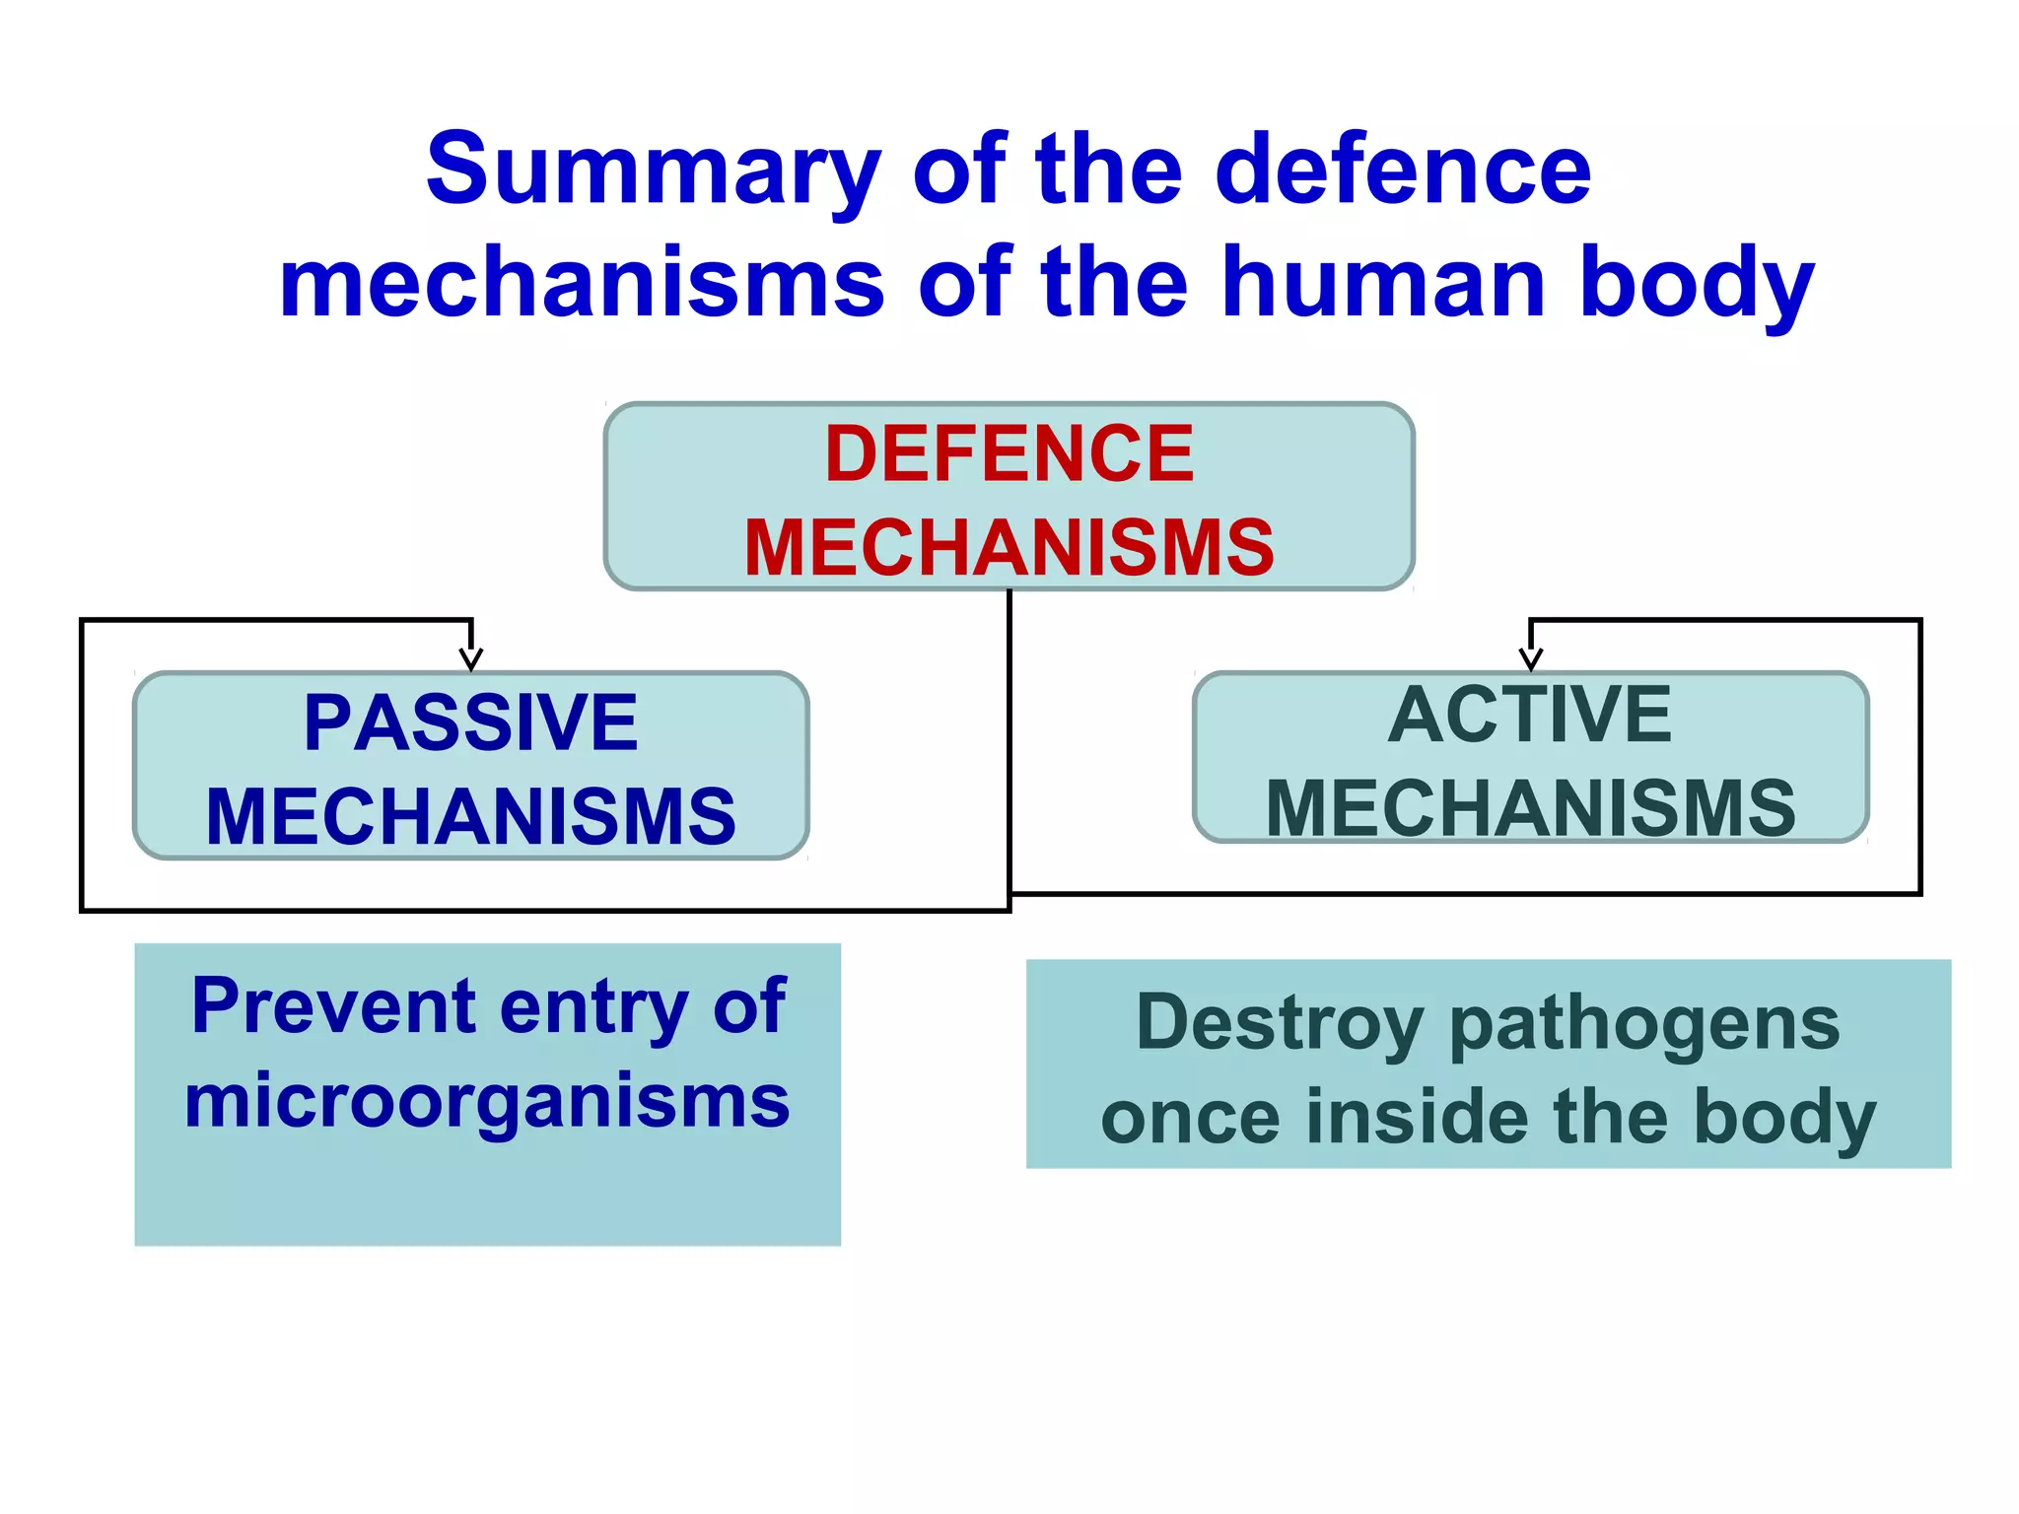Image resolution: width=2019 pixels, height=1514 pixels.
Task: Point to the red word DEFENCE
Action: tap(1009, 454)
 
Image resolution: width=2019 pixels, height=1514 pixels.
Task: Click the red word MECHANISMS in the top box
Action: tap(1009, 547)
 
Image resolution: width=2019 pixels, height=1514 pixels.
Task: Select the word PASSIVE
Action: tap(471, 723)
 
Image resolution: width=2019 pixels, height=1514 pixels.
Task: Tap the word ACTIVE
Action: tap(1530, 716)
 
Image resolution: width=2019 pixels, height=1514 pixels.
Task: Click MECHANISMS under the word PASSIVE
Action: tap(471, 816)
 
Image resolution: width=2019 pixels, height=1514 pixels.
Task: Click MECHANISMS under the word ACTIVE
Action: tap(1530, 808)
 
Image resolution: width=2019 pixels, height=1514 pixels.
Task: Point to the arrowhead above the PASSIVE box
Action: tap(471, 658)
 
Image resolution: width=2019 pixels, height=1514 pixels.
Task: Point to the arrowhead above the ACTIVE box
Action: tap(1530, 658)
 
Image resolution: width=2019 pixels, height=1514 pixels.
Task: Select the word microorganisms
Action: tap(487, 1102)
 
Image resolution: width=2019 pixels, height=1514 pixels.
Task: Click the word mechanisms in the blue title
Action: tap(582, 284)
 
